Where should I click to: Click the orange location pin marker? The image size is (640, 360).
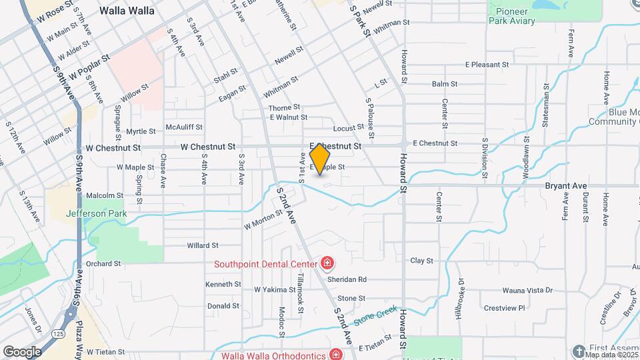(x=320, y=158)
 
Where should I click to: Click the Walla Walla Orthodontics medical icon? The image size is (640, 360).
(x=336, y=354)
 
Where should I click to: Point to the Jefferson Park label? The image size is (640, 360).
(x=95, y=214)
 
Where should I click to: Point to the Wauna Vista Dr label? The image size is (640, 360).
(x=527, y=290)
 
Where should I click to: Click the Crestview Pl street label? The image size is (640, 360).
(x=505, y=308)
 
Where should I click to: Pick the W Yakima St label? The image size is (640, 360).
(x=275, y=289)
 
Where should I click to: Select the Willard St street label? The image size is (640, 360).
(x=203, y=245)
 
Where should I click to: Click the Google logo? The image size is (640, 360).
(x=22, y=351)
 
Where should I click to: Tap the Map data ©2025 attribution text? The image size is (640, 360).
(x=611, y=354)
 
